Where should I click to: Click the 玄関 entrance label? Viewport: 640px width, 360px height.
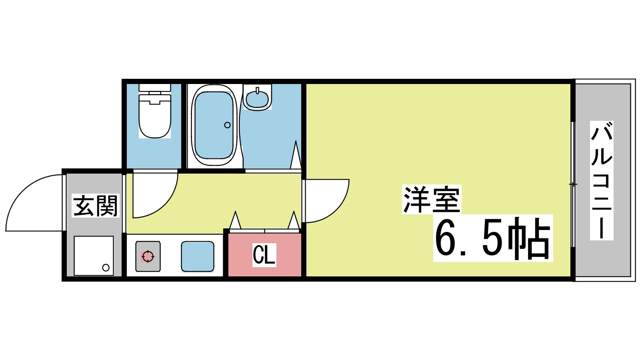[x=96, y=206]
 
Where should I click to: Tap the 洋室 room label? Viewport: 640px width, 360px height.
[x=432, y=199]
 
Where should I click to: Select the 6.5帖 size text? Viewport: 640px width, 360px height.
[x=493, y=238]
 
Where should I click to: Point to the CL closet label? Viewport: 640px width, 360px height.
[x=264, y=255]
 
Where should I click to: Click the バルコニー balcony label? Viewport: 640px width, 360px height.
[x=602, y=181]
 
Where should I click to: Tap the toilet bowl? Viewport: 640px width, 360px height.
[x=155, y=118]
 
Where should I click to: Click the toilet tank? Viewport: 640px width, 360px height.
[x=155, y=88]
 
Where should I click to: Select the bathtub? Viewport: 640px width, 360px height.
[x=214, y=125]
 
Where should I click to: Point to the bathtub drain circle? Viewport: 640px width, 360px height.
[x=228, y=125]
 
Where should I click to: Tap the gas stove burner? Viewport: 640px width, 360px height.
[x=148, y=256]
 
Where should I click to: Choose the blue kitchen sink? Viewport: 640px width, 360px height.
[x=198, y=256]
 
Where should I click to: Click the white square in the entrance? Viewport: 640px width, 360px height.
[x=94, y=256]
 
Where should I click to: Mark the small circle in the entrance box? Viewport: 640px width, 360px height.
[x=106, y=268]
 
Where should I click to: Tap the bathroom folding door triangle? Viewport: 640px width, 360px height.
[x=296, y=156]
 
